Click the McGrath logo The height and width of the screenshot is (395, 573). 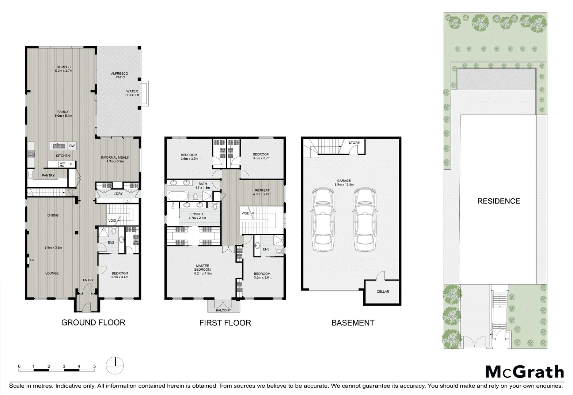pos(524,372)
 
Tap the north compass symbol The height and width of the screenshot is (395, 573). pos(115,365)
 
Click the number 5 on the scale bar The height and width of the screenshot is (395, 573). pos(94,366)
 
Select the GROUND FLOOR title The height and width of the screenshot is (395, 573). pos(93,322)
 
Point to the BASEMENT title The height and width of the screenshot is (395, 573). pos(353,323)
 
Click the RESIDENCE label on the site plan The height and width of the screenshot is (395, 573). pos(498,201)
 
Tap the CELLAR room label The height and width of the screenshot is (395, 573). pos(383,291)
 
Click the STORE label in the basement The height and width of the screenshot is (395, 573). pos(354,143)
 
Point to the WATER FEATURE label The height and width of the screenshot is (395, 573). pos(133,93)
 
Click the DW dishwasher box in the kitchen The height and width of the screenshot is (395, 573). pos(72,146)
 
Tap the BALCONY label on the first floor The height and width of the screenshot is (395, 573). pos(224,310)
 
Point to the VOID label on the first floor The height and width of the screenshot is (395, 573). pos(246,213)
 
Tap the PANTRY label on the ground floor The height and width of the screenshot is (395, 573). pos(48,175)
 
